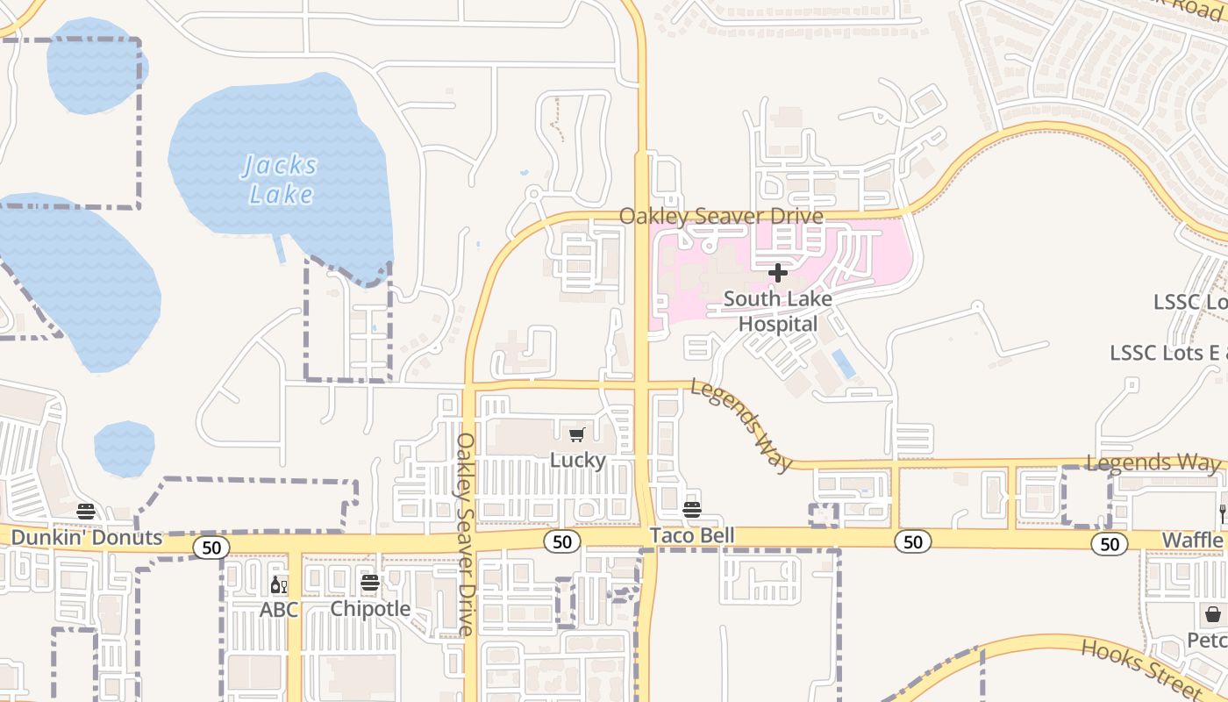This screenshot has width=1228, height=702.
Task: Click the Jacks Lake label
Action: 280,179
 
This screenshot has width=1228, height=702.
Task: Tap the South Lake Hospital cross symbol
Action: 777,273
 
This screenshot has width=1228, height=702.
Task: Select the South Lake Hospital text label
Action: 777,312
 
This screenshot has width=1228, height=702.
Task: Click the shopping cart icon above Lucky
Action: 577,435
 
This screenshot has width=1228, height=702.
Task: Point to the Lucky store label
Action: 577,460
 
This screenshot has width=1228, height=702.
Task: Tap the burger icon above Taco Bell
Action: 692,510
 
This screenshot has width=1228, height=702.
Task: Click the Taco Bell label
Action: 691,535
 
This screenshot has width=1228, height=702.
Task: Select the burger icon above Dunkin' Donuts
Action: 85,512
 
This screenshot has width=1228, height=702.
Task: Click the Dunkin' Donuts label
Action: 87,538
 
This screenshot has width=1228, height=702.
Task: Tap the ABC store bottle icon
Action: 278,584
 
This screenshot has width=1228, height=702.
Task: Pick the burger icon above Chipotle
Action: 370,583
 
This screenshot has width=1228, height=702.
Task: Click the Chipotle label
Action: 370,608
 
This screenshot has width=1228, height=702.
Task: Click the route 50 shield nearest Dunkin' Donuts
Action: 211,548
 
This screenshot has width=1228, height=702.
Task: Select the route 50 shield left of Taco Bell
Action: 561,541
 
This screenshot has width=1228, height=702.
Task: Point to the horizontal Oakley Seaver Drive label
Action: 721,216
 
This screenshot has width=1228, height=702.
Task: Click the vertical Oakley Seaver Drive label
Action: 465,534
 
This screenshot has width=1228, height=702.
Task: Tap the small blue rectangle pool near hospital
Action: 843,363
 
